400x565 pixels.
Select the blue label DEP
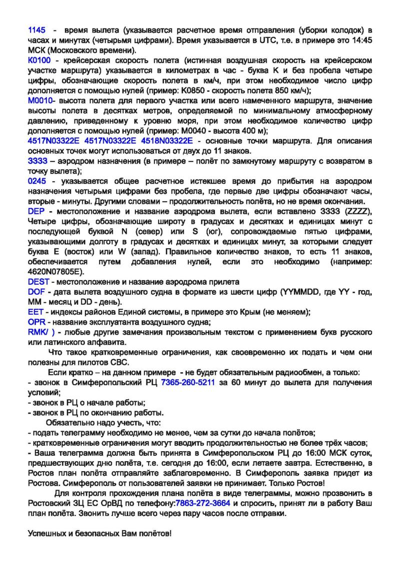coord(36,211)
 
